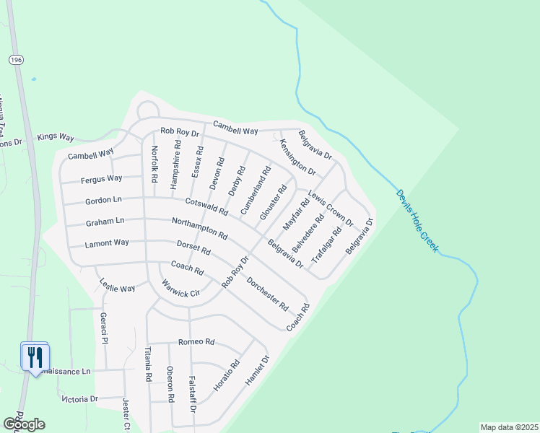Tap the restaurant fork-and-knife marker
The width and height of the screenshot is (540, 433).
pyautogui.click(x=34, y=357)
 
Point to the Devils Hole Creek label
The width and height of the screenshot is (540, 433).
pyautogui.click(x=417, y=220)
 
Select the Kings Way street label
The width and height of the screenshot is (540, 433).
pyautogui.click(x=56, y=136)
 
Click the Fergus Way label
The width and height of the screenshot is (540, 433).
pyautogui.click(x=101, y=178)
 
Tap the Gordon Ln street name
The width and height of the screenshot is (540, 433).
pyautogui.click(x=103, y=199)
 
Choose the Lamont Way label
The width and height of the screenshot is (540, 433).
pyautogui.click(x=106, y=244)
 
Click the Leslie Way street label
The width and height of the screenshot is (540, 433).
pyautogui.click(x=117, y=284)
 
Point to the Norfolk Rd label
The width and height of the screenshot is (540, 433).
pyautogui.click(x=154, y=164)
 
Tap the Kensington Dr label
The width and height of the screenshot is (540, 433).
pyautogui.click(x=297, y=157)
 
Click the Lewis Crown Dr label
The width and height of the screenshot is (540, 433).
pyautogui.click(x=331, y=209)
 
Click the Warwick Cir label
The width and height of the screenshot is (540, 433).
pyautogui.click(x=180, y=289)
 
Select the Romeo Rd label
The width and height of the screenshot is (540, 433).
pyautogui.click(x=196, y=341)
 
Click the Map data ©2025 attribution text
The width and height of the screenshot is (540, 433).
pyautogui.click(x=509, y=427)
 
